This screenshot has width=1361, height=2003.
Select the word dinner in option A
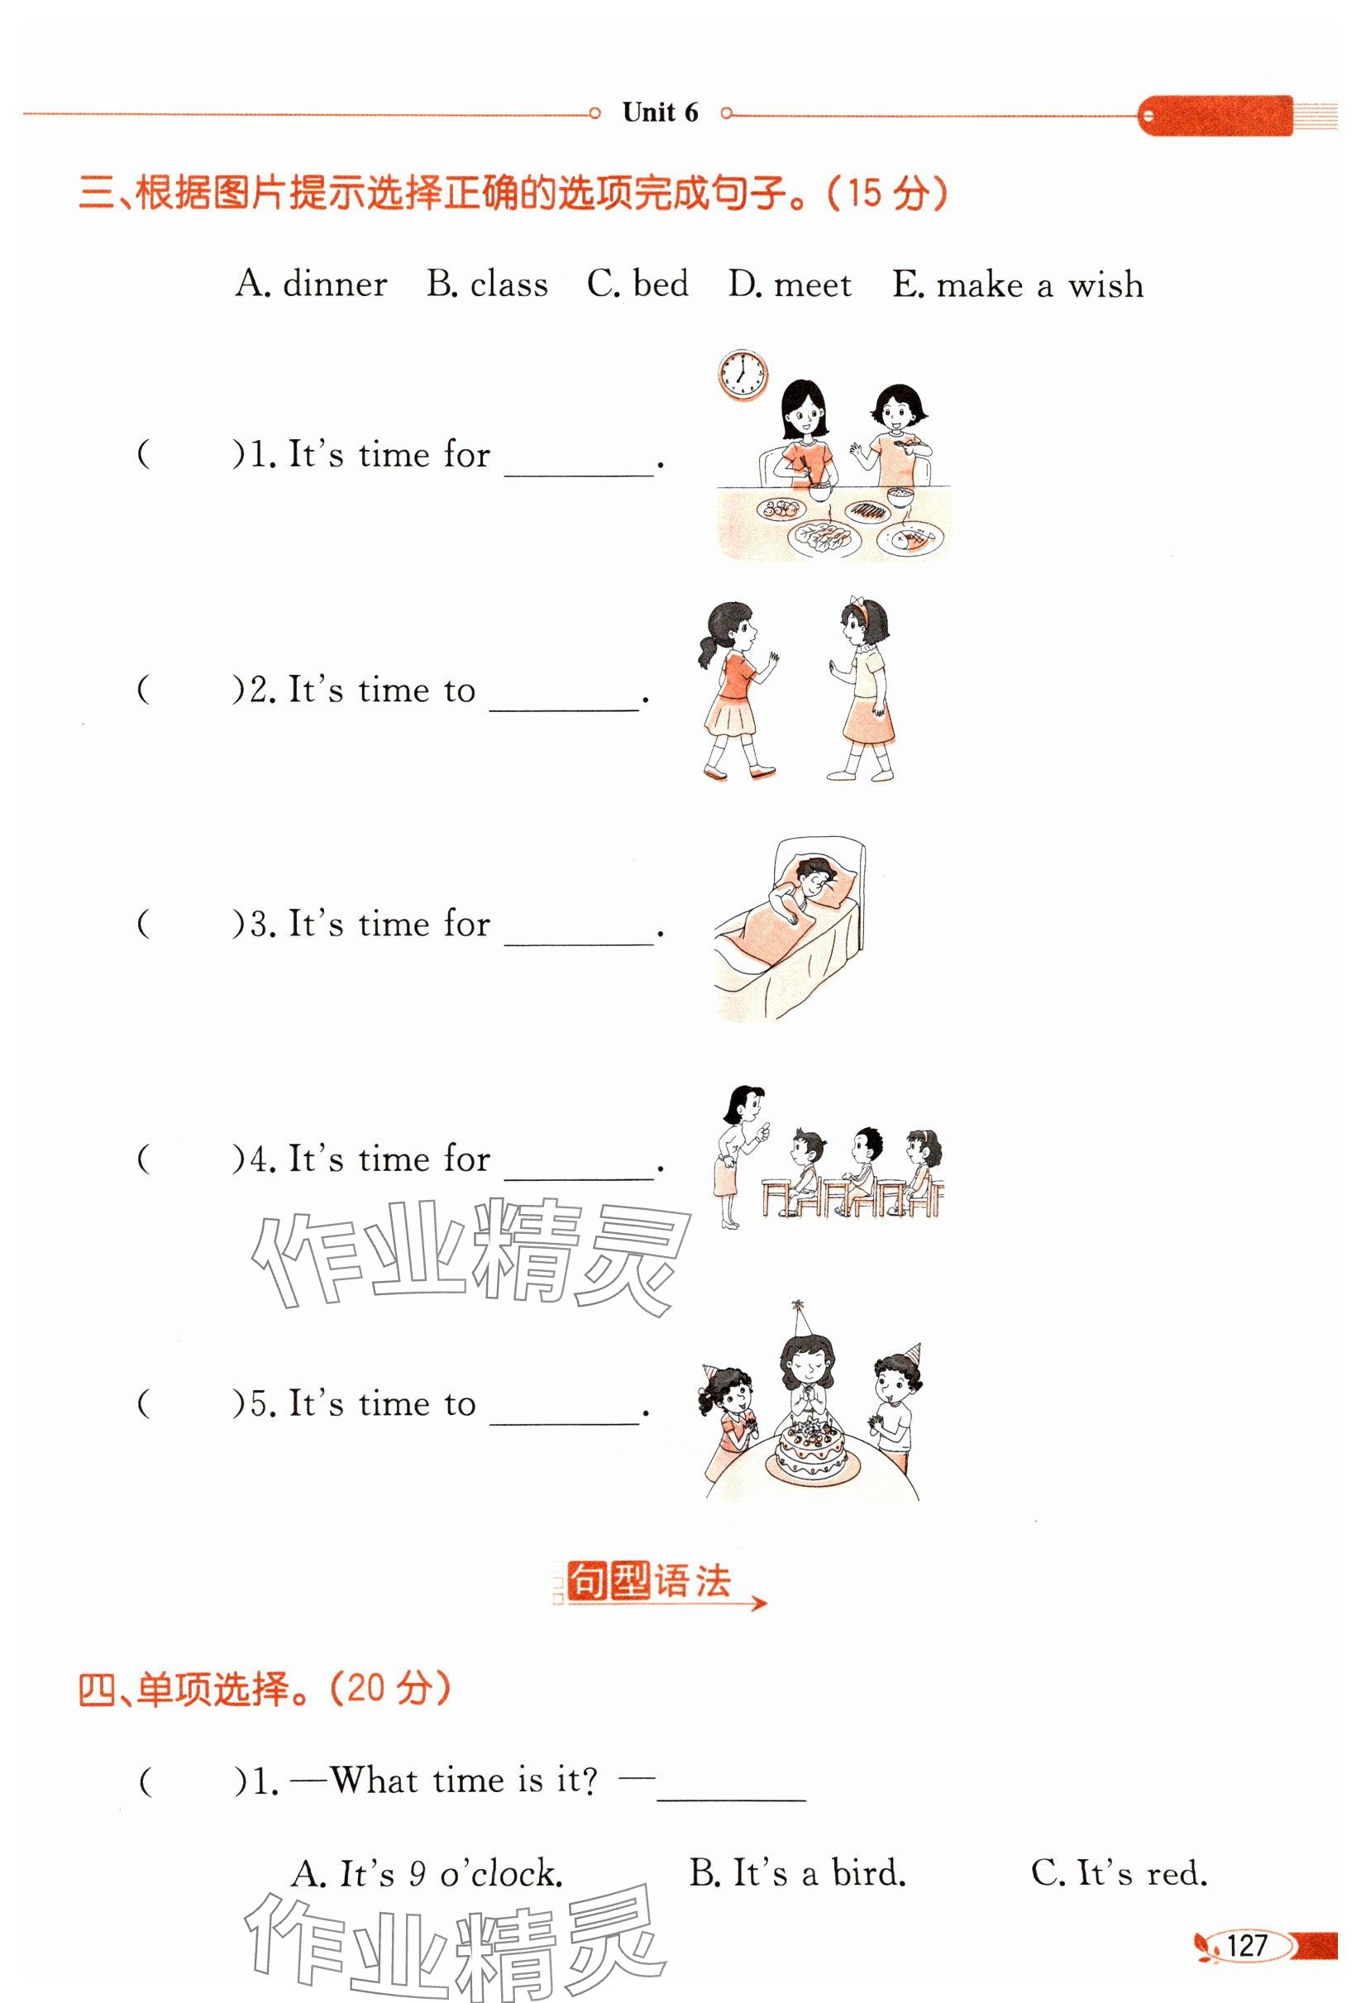(x=336, y=284)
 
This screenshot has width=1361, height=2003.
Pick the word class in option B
(x=509, y=284)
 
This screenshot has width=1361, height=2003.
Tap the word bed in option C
(x=661, y=284)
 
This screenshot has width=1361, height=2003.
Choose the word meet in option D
(x=813, y=284)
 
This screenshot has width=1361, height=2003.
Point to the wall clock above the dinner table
(x=743, y=375)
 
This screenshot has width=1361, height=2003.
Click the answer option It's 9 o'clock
(x=427, y=1873)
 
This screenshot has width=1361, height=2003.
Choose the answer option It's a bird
(x=797, y=1873)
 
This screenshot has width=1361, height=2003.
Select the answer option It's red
(x=1120, y=1873)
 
